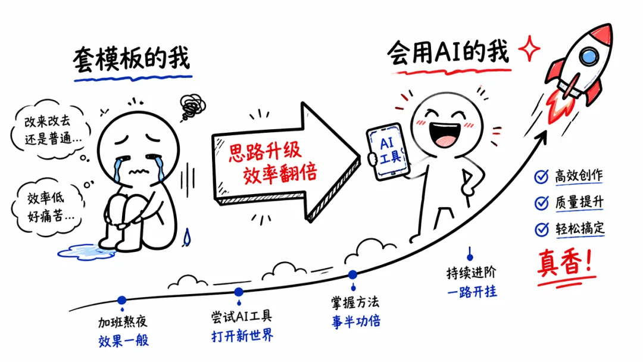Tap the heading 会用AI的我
[448, 52]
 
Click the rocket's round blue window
[589, 56]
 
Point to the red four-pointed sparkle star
[529, 49]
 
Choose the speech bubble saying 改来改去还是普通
[54, 130]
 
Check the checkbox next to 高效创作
[541, 176]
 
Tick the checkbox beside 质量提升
[541, 202]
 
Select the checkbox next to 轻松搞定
[541, 229]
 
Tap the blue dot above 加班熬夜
[122, 300]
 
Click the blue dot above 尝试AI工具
[239, 292]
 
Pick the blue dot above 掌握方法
[352, 274]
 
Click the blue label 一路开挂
[472, 292]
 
